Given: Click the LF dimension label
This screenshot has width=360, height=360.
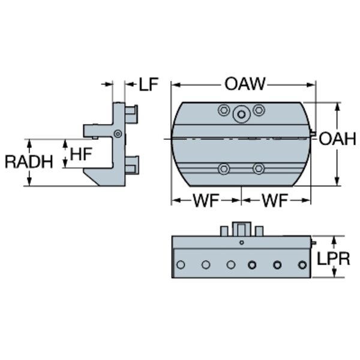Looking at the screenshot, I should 148,85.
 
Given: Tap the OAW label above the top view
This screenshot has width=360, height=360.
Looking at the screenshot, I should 245,84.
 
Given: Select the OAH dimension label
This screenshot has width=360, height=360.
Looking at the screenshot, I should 337,139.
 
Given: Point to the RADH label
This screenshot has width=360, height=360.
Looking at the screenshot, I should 28,161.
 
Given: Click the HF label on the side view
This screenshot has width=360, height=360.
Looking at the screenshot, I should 82,154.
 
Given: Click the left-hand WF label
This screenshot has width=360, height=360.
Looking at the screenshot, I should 206,201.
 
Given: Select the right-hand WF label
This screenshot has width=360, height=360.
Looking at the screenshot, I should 275,201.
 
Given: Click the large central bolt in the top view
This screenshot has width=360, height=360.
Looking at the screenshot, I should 241,113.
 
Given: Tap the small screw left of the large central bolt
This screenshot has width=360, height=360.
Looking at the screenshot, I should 224,110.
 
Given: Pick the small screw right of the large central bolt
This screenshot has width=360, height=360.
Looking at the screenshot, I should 259,110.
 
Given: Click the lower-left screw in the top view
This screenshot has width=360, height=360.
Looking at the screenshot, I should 224,169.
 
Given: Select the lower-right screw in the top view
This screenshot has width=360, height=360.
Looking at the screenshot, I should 259,169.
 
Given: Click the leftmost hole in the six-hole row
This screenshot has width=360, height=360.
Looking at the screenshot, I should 181,265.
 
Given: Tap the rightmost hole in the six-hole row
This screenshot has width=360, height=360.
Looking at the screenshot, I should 301,265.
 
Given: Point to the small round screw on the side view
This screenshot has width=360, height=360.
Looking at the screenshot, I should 118,133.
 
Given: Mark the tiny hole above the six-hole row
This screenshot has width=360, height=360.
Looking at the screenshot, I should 241,243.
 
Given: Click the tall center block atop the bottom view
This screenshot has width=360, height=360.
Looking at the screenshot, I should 241,229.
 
